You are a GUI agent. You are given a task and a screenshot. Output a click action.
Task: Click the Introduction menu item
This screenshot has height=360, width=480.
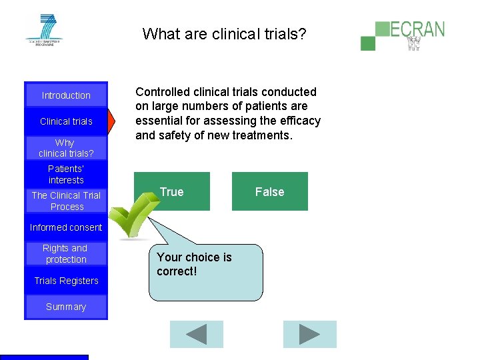[x=66, y=95]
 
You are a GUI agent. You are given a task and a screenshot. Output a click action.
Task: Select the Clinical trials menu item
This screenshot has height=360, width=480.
[x=66, y=121]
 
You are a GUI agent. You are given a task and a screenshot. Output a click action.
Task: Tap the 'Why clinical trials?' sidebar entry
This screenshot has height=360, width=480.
[x=66, y=148]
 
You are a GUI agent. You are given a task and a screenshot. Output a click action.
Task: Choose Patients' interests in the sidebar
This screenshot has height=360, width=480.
[x=66, y=175]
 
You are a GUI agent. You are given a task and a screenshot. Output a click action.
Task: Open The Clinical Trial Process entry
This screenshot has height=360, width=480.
[x=66, y=201]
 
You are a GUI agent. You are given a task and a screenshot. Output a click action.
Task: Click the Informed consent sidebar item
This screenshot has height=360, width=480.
[x=66, y=227]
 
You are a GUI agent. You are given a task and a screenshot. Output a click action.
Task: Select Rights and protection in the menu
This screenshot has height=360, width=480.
[x=66, y=254]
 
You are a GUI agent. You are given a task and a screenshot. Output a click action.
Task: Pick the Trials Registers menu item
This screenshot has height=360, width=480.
[x=66, y=281]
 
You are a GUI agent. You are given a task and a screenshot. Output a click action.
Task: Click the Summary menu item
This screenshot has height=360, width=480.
[x=66, y=307]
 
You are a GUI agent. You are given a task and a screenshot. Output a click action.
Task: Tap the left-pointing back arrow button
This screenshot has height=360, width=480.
[x=196, y=334]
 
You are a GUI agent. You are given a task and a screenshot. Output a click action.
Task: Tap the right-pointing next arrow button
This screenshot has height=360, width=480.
[x=309, y=334]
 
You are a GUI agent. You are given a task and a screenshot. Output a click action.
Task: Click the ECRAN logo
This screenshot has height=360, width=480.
[x=403, y=35]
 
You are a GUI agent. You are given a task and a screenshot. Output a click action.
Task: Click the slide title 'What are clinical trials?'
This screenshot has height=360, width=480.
[x=224, y=33]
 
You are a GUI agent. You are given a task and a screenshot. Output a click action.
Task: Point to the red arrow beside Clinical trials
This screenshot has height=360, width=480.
[x=112, y=121]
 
